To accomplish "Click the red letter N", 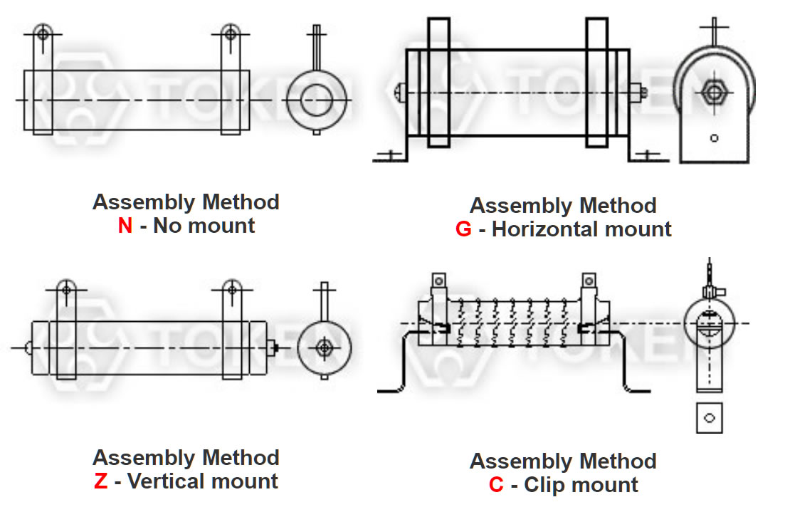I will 125,227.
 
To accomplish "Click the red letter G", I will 463,230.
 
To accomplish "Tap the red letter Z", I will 100,481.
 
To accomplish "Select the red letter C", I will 496,486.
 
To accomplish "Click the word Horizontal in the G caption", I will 545,230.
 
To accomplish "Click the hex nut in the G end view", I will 712,92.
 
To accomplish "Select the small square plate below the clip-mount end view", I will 709,418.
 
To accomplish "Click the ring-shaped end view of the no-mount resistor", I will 317,99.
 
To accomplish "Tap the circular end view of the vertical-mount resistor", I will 325,347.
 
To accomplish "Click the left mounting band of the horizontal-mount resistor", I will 438,82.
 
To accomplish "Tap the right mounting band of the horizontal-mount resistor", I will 597,82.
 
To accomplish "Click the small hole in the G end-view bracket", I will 714,137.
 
